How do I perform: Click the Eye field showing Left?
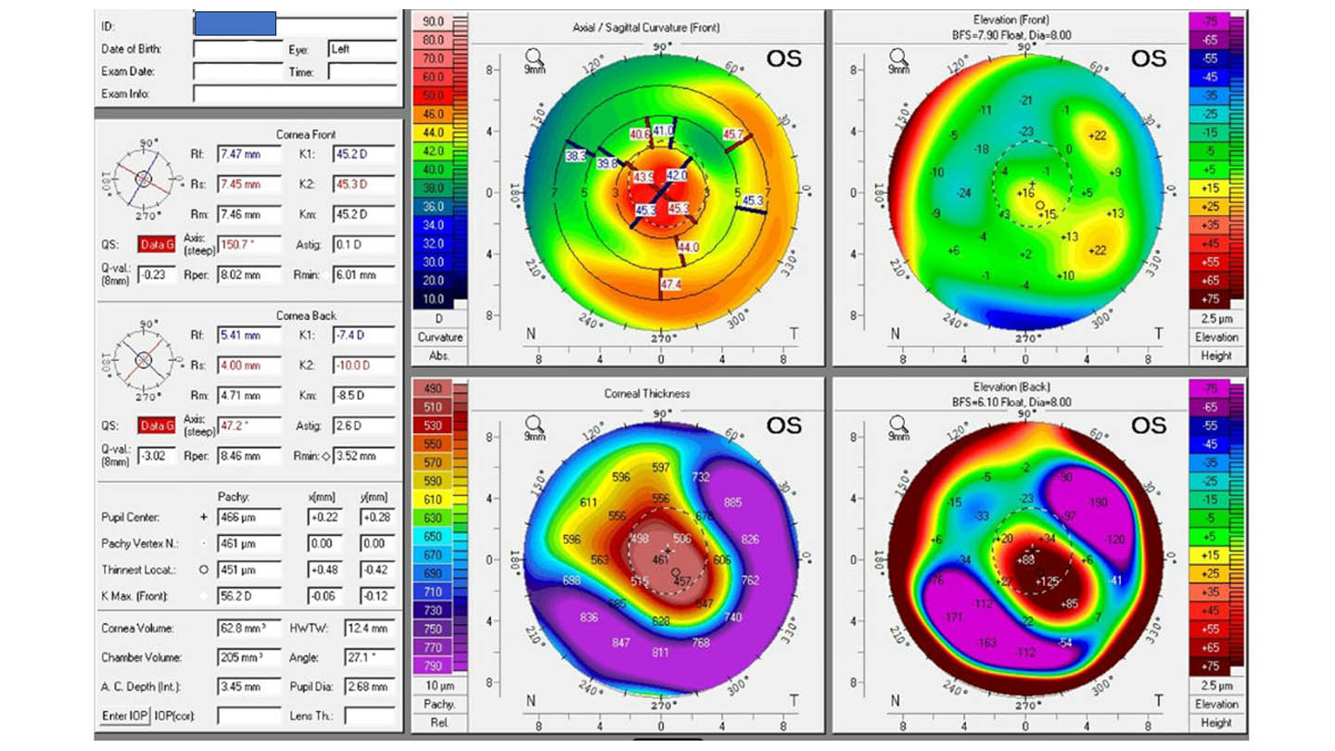pyautogui.click(x=362, y=48)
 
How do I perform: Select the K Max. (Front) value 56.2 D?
pyautogui.click(x=248, y=595)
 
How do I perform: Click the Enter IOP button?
pyautogui.click(x=124, y=715)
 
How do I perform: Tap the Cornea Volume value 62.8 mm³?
pyautogui.click(x=248, y=629)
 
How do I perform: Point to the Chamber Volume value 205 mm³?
pyautogui.click(x=248, y=657)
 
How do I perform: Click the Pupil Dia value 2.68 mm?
pyautogui.click(x=369, y=686)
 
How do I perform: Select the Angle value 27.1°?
pyautogui.click(x=369, y=657)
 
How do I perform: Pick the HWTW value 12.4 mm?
pyautogui.click(x=369, y=629)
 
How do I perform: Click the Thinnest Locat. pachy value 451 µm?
pyautogui.click(x=248, y=569)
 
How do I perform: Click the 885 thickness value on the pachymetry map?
pyautogui.click(x=733, y=503)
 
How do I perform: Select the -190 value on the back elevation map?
pyautogui.click(x=1097, y=503)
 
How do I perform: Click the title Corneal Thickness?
pyautogui.click(x=646, y=394)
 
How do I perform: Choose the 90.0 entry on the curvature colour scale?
pyautogui.click(x=433, y=21)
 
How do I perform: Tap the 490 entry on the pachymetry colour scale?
pyautogui.click(x=433, y=388)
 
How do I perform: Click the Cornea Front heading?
pyautogui.click(x=306, y=134)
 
